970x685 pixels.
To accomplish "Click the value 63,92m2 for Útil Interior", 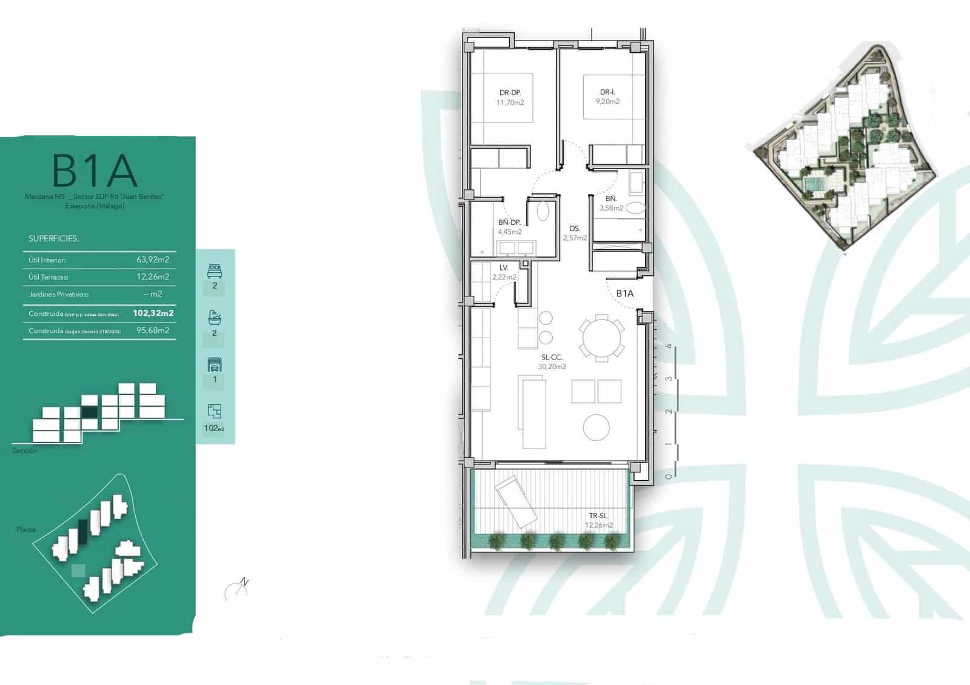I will click(x=153, y=259).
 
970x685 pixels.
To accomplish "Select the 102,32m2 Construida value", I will click(x=153, y=313).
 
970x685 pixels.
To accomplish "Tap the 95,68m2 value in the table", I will click(x=153, y=330).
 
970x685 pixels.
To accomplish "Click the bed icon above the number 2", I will click(x=215, y=270).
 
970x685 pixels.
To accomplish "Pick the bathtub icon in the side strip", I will click(x=215, y=318).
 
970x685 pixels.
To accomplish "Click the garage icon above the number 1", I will click(x=215, y=364).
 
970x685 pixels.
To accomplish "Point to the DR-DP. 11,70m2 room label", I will click(x=510, y=98).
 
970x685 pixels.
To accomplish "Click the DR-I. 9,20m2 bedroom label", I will click(x=607, y=97).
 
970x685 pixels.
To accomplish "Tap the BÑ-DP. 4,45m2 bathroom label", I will click(x=509, y=227).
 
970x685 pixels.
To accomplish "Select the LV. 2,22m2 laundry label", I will click(x=504, y=272).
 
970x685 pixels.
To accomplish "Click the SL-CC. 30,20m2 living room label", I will click(x=552, y=362).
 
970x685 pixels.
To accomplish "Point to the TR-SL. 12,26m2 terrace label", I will click(x=598, y=521).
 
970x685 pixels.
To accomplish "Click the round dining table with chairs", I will click(x=601, y=338).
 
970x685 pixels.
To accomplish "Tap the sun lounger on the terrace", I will click(x=517, y=501).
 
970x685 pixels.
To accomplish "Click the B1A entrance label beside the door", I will click(x=624, y=293).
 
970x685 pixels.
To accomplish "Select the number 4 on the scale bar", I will click(x=669, y=347).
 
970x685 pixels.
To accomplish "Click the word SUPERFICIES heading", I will click(x=53, y=238).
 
